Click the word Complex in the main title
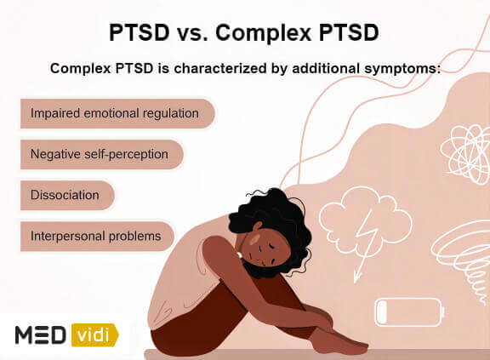pyautogui.click(x=263, y=33)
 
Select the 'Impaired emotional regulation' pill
pyautogui.click(x=117, y=113)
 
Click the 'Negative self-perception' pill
pyautogui.click(x=101, y=154)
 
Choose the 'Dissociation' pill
pyautogui.click(x=67, y=195)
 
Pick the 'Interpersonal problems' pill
pyautogui.click(x=97, y=237)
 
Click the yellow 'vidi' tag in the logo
pyautogui.click(x=95, y=335)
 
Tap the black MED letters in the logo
pyautogui.click(x=41, y=335)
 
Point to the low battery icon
pyautogui.click(x=409, y=312)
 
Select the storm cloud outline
pyautogui.click(x=365, y=219)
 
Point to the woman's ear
pyautogui.click(x=258, y=226)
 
